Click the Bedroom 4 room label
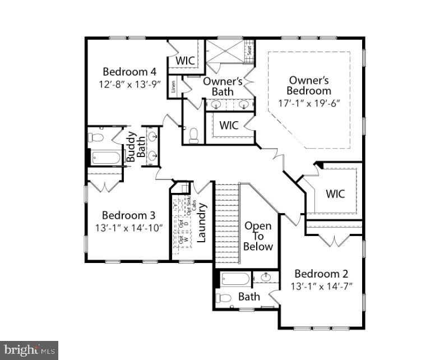pos(129,72)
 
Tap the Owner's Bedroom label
pos(309,85)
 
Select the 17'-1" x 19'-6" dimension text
pos(309,103)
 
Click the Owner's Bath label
pos(223,86)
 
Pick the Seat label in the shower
pos(249,50)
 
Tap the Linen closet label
pos(174,86)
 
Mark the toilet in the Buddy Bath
pos(96,137)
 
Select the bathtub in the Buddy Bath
pos(105,158)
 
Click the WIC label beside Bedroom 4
pos(186,60)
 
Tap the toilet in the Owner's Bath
pos(194,135)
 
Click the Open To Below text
pos(258,236)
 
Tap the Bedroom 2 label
pos(321,274)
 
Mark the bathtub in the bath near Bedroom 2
pos(235,279)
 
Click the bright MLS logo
pos(29,350)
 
